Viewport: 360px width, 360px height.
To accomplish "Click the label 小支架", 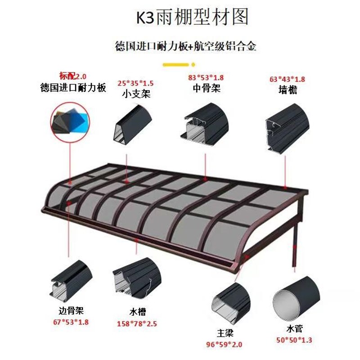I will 135,94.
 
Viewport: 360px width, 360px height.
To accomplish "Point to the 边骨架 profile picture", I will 71,282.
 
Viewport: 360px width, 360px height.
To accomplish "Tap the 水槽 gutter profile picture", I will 136,282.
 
